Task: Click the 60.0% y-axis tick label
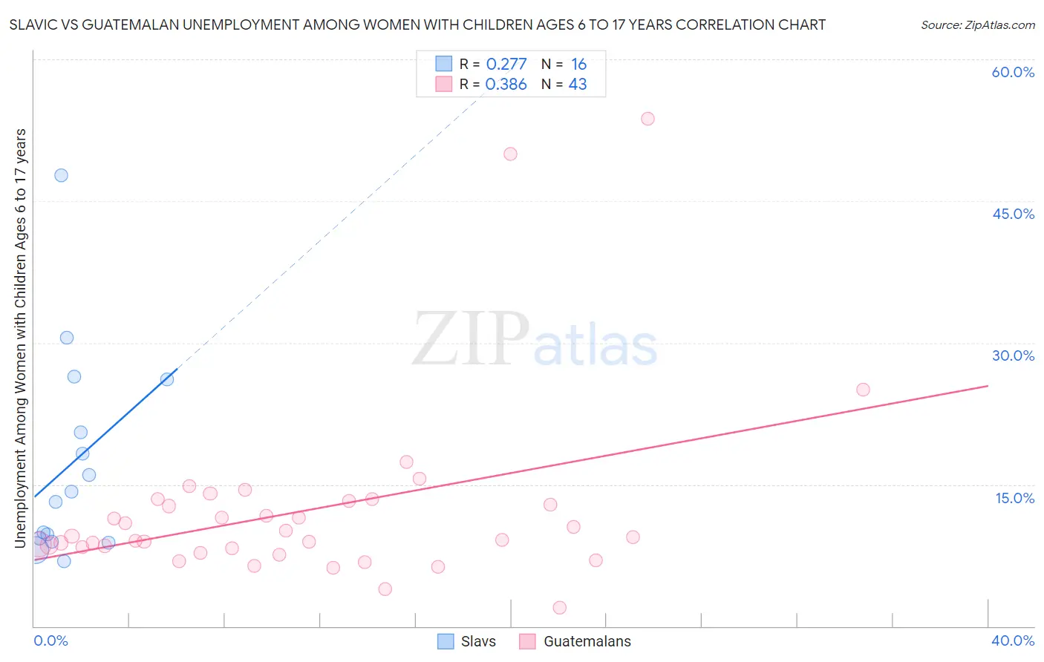[x=1013, y=72]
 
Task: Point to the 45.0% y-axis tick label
[x=1013, y=214]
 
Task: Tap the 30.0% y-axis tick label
[x=1013, y=355]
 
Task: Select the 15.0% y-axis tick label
[x=1014, y=498]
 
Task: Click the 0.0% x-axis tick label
[x=50, y=640]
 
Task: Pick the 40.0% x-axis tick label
[x=1013, y=640]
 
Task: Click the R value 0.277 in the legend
[x=506, y=65]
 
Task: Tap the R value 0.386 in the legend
[x=506, y=85]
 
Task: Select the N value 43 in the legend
[x=578, y=85]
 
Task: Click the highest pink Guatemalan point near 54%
[x=647, y=119]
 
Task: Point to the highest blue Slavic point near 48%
[x=61, y=175]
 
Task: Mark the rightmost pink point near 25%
[x=863, y=390]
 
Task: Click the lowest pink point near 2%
[x=560, y=608]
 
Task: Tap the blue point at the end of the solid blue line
[x=167, y=379]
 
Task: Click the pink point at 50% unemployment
[x=510, y=154]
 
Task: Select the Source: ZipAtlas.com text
[x=977, y=25]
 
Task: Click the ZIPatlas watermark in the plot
[x=535, y=340]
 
